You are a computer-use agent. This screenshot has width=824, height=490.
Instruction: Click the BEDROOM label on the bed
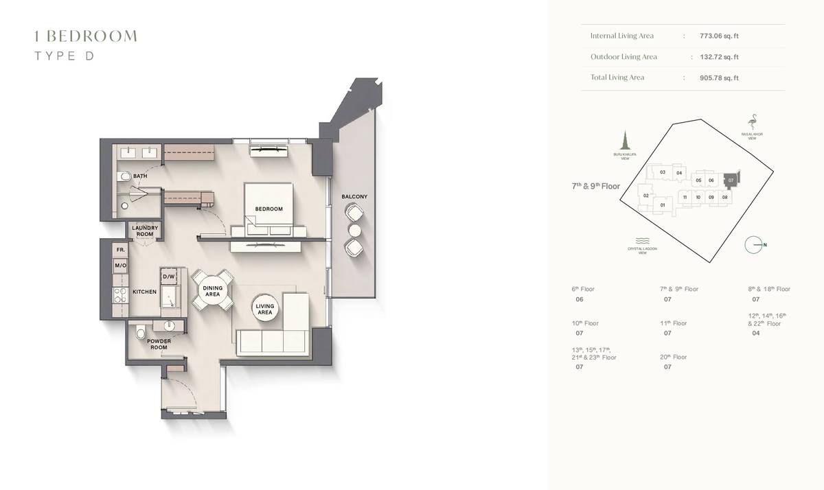[x=268, y=209]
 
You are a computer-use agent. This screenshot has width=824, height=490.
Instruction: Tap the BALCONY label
[x=354, y=197]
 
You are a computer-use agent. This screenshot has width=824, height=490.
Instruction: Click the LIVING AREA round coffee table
[x=265, y=310]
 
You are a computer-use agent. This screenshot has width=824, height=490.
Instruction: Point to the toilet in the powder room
[x=141, y=334]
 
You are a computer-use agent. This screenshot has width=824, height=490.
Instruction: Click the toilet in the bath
[x=124, y=177]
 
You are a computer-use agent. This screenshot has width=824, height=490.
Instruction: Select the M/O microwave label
[x=120, y=265]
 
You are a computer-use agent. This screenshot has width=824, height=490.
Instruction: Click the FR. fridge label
[x=120, y=250]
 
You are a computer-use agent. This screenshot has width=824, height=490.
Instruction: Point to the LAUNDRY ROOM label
[x=145, y=231]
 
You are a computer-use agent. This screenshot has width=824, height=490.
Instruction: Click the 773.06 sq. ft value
[x=719, y=36]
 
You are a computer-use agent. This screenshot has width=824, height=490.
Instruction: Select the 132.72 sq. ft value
[x=719, y=57]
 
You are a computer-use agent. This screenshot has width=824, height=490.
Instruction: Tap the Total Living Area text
[x=617, y=78]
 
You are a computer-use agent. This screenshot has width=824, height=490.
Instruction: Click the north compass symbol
[x=754, y=245]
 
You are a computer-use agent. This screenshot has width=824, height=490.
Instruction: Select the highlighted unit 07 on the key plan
[x=731, y=178]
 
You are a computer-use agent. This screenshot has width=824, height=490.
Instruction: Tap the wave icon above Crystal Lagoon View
[x=642, y=241]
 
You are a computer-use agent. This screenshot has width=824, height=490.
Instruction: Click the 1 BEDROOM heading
[x=86, y=36]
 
